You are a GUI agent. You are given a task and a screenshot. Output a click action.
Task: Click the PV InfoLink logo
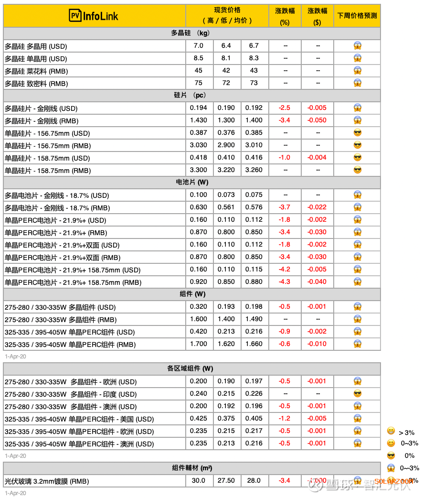[94, 16]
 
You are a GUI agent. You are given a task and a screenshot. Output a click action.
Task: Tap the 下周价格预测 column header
[357, 16]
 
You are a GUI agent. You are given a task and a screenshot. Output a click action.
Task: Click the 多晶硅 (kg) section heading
[190, 33]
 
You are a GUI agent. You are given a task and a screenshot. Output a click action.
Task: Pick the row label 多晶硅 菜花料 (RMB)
[36, 71]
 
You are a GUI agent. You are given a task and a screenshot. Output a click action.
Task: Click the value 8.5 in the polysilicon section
[199, 58]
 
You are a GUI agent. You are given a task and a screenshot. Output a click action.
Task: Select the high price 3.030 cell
[199, 145]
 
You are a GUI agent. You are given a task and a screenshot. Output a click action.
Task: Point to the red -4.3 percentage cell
[285, 282]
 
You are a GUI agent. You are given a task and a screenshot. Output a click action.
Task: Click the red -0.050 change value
[317, 120]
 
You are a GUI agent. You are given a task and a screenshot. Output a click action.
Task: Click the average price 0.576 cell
[254, 207]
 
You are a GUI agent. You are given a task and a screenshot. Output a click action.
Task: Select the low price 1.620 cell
[226, 344]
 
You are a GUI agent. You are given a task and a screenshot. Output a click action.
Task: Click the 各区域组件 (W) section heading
[190, 369]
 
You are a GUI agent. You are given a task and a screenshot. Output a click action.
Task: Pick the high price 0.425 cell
[199, 419]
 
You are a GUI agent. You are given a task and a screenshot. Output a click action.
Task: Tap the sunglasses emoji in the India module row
[357, 394]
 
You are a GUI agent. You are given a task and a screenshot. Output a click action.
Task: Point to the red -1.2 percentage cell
[285, 419]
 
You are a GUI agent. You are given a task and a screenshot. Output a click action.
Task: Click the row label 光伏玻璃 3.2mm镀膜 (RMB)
[47, 481]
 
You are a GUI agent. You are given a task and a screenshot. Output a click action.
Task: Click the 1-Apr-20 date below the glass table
[15, 493]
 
